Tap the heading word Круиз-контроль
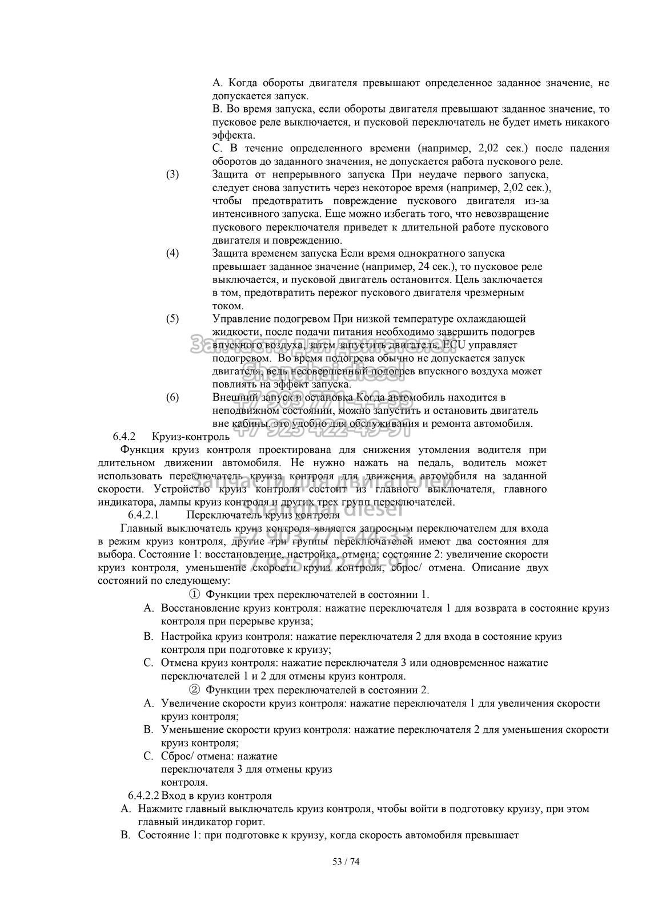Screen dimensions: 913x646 click(191, 437)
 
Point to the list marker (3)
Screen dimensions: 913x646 click(172, 175)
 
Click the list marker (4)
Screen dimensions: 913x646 click(172, 253)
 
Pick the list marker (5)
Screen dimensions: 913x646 click(172, 318)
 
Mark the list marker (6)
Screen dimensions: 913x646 click(172, 397)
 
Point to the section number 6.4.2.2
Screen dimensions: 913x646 click(143, 795)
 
